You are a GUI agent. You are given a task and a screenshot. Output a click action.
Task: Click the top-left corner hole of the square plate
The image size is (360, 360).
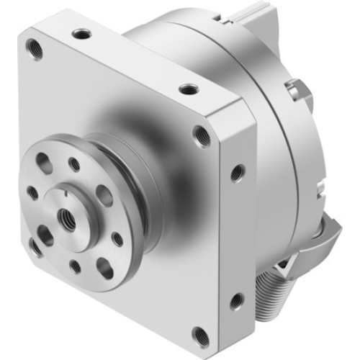tap(34, 48)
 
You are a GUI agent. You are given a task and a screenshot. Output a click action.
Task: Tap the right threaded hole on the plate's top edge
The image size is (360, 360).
tap(189, 89)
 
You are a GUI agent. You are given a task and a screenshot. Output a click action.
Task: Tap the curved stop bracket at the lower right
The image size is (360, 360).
tap(322, 238)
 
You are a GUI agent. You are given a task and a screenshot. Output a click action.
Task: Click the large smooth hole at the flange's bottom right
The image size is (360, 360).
tap(104, 267)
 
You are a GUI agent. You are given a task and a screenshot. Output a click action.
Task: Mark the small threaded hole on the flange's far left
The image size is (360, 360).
tap(32, 193)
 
